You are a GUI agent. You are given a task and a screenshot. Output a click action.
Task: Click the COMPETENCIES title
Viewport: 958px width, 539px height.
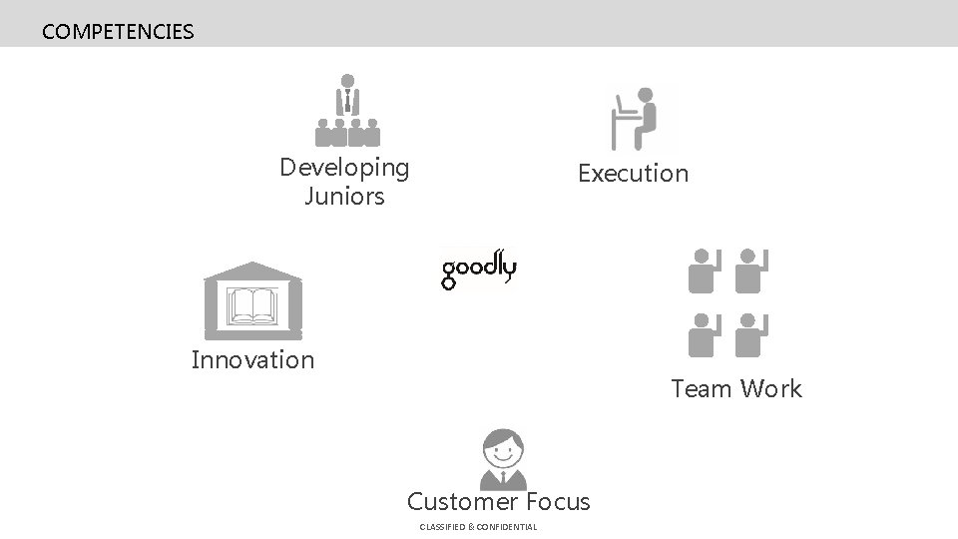[118, 32]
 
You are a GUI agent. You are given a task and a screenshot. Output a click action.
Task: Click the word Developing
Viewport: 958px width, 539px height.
[344, 167]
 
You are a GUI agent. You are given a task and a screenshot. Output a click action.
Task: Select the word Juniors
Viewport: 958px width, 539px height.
[344, 197]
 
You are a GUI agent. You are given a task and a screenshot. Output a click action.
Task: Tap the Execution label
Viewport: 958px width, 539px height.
[633, 174]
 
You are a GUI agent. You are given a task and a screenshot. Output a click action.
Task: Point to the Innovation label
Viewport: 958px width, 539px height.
[252, 359]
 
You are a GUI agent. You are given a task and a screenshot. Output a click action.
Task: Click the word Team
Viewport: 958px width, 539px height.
[703, 388]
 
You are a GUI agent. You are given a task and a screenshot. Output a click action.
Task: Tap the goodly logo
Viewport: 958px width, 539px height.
[479, 268]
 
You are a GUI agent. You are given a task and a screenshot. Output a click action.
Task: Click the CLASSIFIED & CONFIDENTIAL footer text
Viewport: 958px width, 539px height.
[478, 527]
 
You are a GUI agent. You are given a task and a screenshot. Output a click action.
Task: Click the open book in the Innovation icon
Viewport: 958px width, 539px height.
[252, 305]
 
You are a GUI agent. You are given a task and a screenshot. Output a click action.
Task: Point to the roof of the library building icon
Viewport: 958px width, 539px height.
[252, 270]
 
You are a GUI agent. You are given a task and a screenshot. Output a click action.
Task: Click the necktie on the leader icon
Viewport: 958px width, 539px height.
[347, 100]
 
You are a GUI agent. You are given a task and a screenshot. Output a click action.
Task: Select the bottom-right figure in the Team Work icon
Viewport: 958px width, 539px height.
[751, 335]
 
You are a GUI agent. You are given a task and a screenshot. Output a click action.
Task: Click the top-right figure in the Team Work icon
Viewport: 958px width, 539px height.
[751, 270]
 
